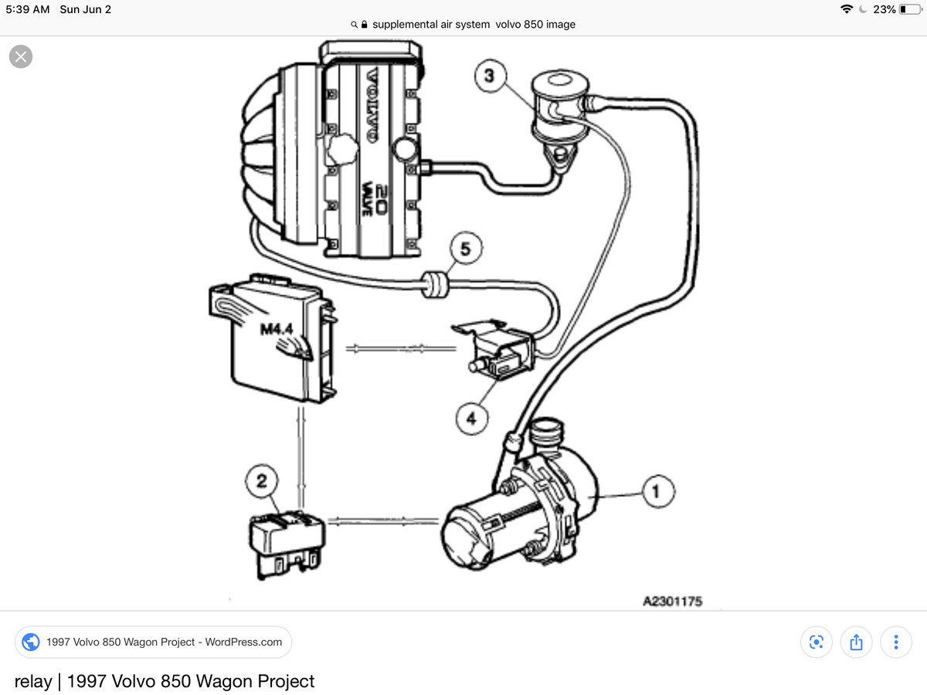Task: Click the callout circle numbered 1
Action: point(657,490)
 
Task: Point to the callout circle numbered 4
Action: point(470,418)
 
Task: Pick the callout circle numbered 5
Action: point(465,249)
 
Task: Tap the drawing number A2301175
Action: point(672,602)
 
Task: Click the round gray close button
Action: point(21,56)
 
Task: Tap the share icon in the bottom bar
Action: point(855,642)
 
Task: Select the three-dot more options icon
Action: point(895,642)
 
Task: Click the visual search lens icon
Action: point(815,642)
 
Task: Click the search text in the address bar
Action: point(473,24)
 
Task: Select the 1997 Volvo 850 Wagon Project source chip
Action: point(153,642)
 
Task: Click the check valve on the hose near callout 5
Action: point(436,283)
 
